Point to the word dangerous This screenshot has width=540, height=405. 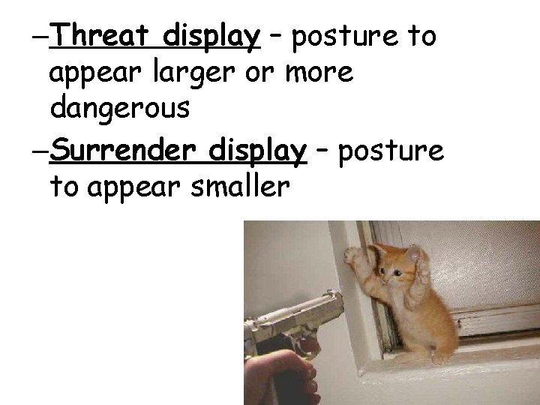120,109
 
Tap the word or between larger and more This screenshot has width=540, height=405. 259,73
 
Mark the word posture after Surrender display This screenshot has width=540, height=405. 391,150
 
